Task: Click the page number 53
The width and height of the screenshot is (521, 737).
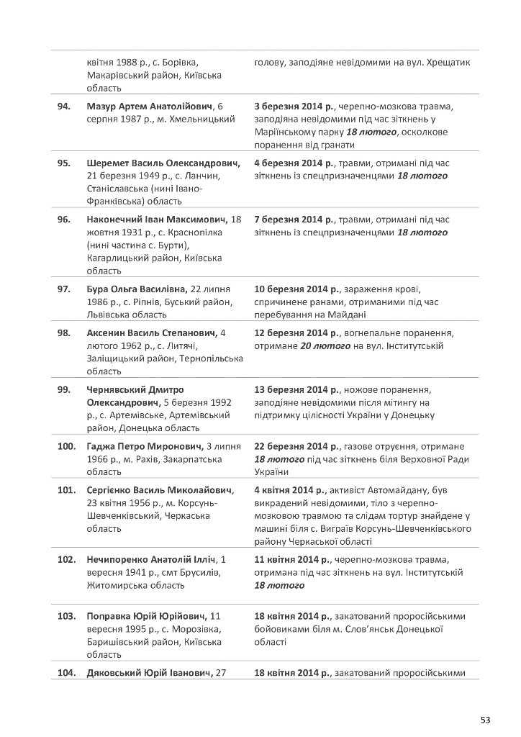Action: tap(485, 719)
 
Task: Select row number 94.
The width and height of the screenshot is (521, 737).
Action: tap(63, 107)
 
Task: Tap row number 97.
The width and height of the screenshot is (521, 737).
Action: tap(63, 289)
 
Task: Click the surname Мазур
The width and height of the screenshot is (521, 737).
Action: tap(101, 107)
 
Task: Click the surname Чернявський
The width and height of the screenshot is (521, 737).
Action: tap(119, 389)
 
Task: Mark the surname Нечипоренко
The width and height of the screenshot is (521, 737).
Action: tap(117, 559)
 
